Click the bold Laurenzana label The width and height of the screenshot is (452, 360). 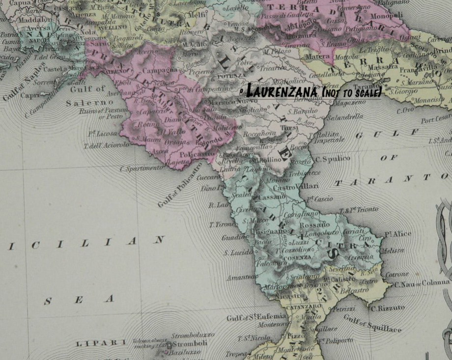[282, 91]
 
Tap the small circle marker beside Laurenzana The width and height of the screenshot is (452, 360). [241, 92]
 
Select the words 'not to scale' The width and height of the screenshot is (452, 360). [351, 92]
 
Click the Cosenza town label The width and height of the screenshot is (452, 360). [300, 257]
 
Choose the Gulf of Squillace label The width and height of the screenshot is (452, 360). [372, 323]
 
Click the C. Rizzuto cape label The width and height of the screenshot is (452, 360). [388, 308]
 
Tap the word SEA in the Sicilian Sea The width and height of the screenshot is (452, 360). [79, 299]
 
